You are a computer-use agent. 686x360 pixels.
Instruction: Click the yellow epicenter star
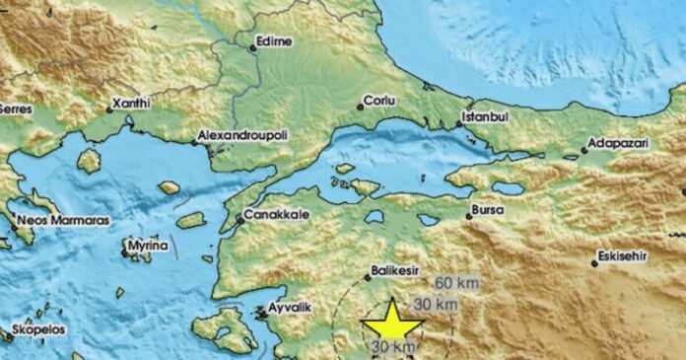coord(391,322)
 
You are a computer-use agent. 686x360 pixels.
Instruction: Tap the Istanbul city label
coord(484,117)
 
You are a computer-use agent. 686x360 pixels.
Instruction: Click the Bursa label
coord(489,210)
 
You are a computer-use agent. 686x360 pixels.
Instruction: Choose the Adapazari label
coord(618,144)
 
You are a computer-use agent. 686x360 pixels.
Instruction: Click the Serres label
coord(14,108)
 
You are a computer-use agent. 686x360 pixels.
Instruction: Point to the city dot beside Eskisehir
coord(593,262)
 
